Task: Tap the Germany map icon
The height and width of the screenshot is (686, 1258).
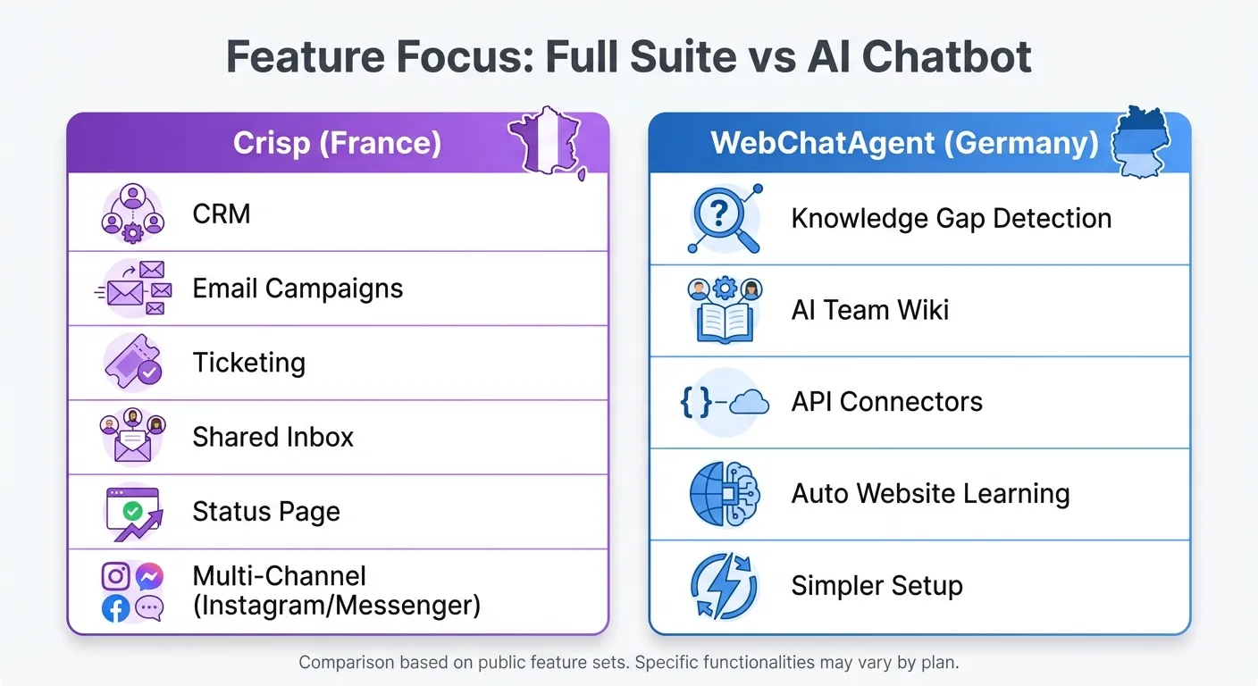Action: [1140, 143]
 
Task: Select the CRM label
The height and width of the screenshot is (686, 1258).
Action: [222, 214]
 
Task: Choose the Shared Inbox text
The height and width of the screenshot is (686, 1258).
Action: [273, 437]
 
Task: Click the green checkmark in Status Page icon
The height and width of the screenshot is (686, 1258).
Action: [132, 511]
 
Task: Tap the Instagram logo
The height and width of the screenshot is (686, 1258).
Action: [116, 576]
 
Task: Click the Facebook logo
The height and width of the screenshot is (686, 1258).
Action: [116, 608]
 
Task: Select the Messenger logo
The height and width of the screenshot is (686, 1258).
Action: [149, 576]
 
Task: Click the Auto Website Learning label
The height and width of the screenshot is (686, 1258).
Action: [930, 494]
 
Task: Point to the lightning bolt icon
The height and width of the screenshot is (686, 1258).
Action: [725, 586]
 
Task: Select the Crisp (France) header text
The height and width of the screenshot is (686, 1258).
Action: [337, 144]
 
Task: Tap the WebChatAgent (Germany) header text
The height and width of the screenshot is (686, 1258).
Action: [904, 144]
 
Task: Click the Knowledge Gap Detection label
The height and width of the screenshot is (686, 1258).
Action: [952, 218]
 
